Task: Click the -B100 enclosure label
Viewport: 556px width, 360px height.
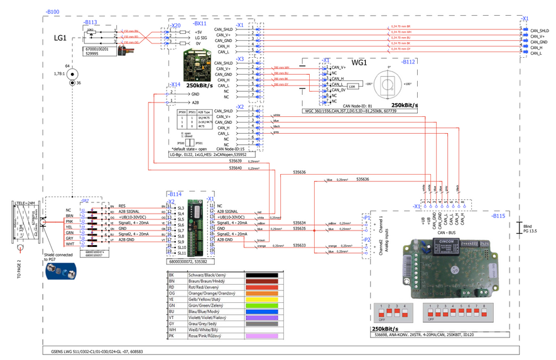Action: [x=52, y=12]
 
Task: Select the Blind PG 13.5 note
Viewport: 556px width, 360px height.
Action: [x=531, y=228]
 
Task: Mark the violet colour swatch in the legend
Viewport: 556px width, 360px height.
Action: [x=264, y=317]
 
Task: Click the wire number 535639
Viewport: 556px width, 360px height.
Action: [x=236, y=161]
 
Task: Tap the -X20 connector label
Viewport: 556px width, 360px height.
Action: [x=177, y=25]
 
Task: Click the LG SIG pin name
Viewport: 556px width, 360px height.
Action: [x=202, y=38]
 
